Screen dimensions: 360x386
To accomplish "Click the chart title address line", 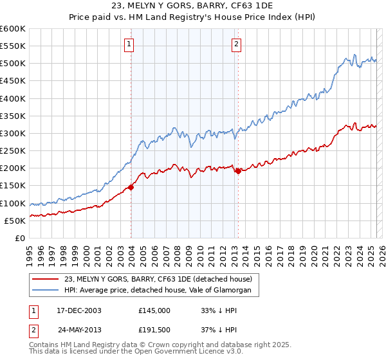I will (x=193, y=6).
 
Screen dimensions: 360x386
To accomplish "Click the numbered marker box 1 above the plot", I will (x=129, y=44).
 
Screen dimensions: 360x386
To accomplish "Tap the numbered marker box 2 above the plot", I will (x=236, y=44).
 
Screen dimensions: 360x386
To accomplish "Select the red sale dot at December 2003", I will (x=131, y=187).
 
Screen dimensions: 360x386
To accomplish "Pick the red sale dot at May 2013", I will (x=238, y=171).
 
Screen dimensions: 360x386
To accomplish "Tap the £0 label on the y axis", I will (x=19, y=238).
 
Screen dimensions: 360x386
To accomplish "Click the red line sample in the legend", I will (x=45, y=279).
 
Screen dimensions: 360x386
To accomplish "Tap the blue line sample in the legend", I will (x=45, y=291).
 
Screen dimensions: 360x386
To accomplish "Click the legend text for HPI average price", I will (x=161, y=291).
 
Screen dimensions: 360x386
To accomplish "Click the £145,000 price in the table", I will (x=154, y=310).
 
